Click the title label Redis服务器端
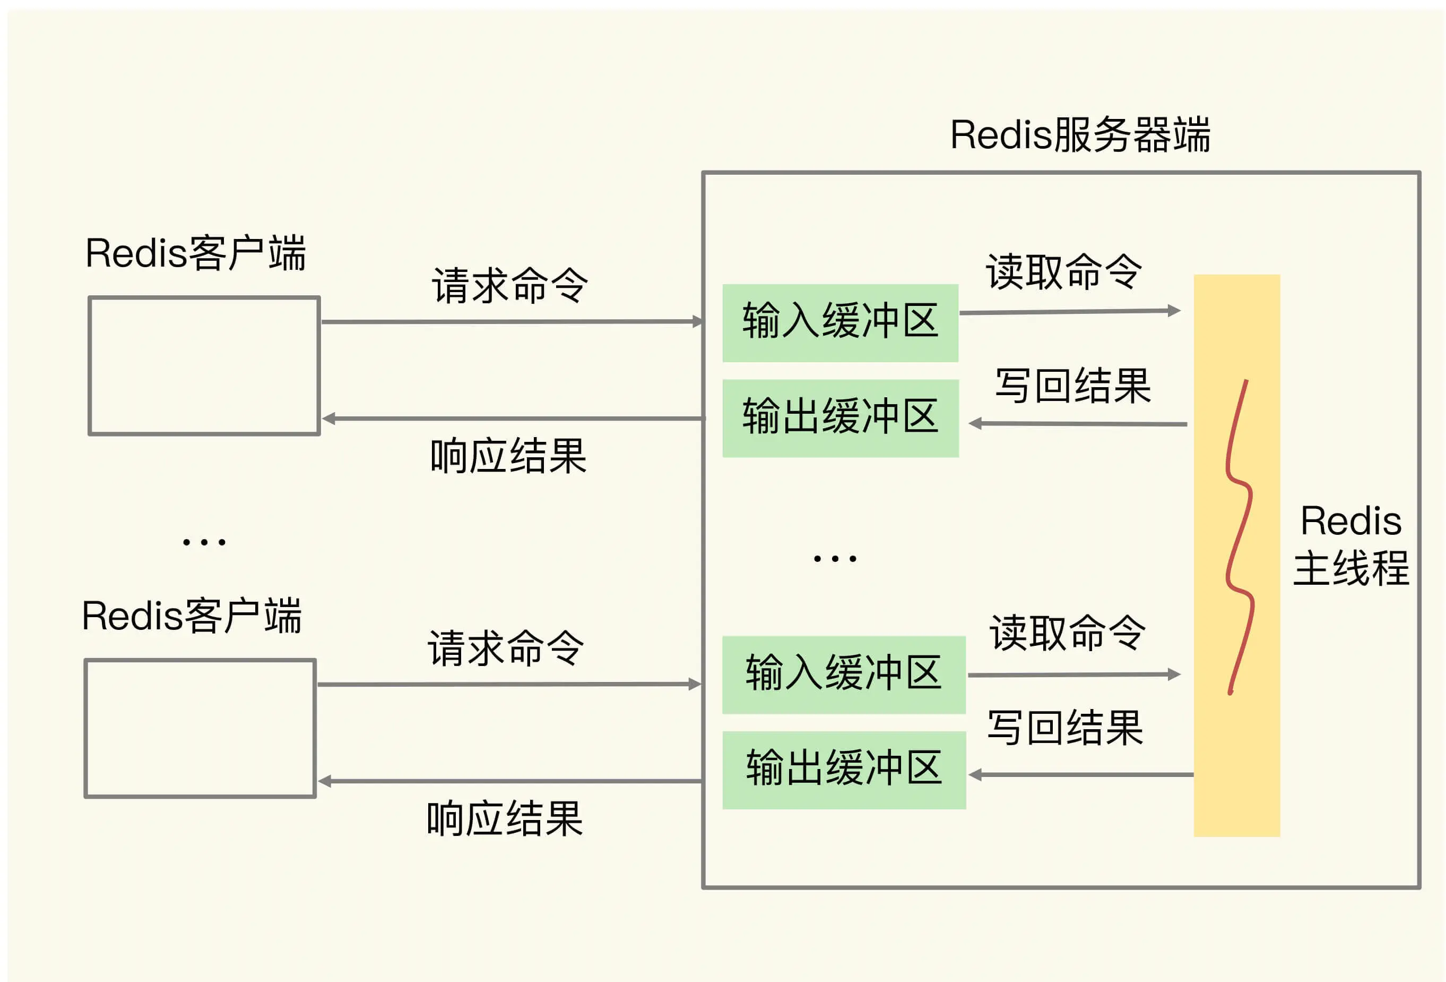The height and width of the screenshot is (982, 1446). [1080, 134]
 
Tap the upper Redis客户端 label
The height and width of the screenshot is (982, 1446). [195, 253]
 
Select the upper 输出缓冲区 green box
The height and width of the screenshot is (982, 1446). [841, 418]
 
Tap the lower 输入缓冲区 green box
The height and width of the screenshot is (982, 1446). [844, 674]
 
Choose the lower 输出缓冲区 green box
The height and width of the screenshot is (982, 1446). [844, 770]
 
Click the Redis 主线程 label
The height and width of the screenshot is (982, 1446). [1351, 545]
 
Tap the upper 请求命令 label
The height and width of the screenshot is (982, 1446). [509, 285]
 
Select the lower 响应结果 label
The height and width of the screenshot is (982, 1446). [505, 819]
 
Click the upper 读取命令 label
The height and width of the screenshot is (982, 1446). [1064, 271]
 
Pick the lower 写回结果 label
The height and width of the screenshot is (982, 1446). [1065, 727]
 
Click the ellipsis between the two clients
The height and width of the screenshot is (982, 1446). [204, 542]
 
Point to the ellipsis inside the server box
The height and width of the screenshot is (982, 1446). [835, 559]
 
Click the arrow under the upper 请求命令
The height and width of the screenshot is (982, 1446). [513, 322]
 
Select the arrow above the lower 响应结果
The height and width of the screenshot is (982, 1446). [510, 781]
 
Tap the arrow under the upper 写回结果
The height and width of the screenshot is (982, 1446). [1078, 423]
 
